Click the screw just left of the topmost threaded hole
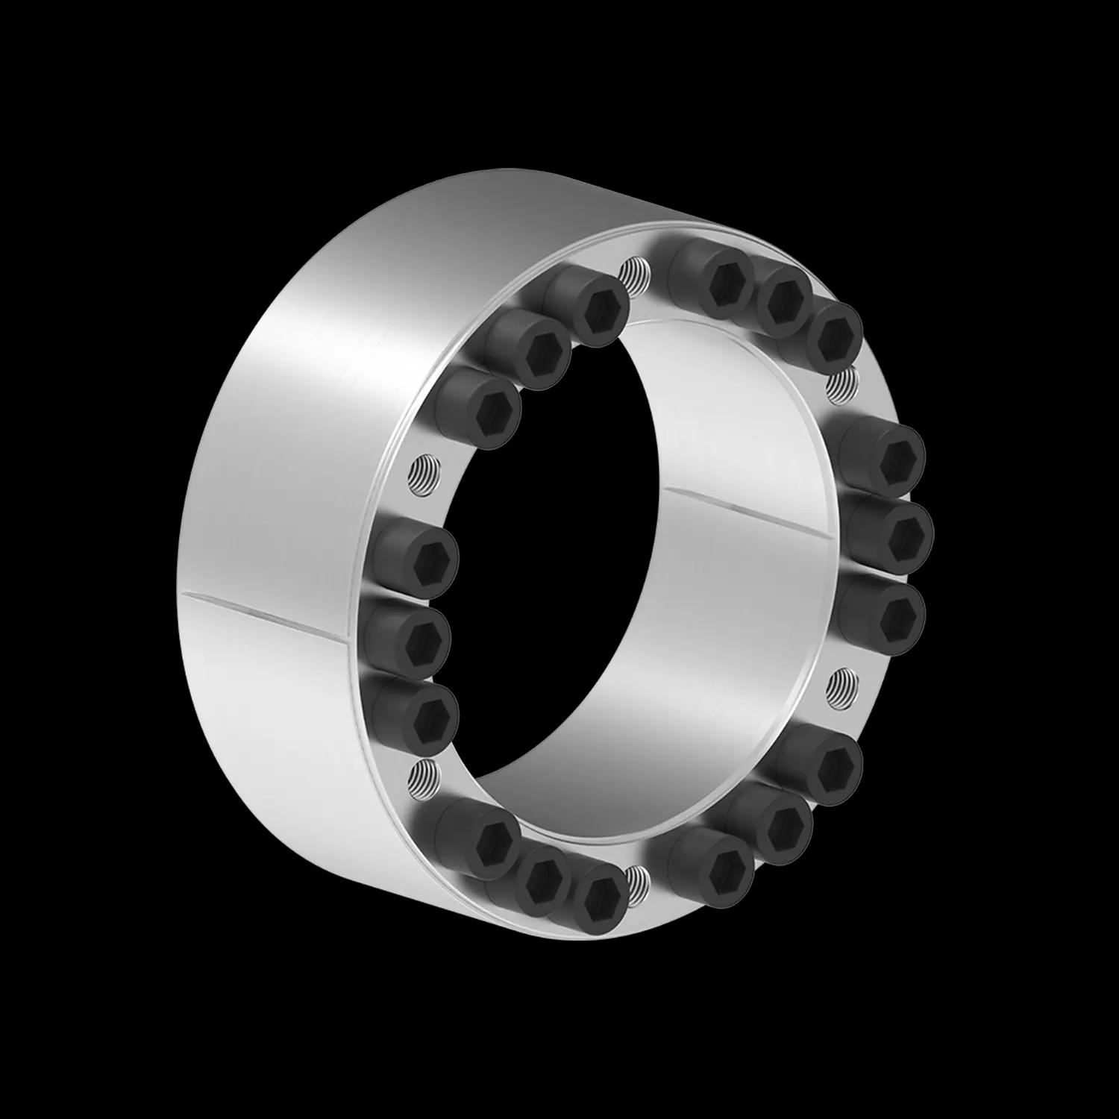click(598, 310)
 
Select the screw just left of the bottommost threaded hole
click(600, 895)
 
